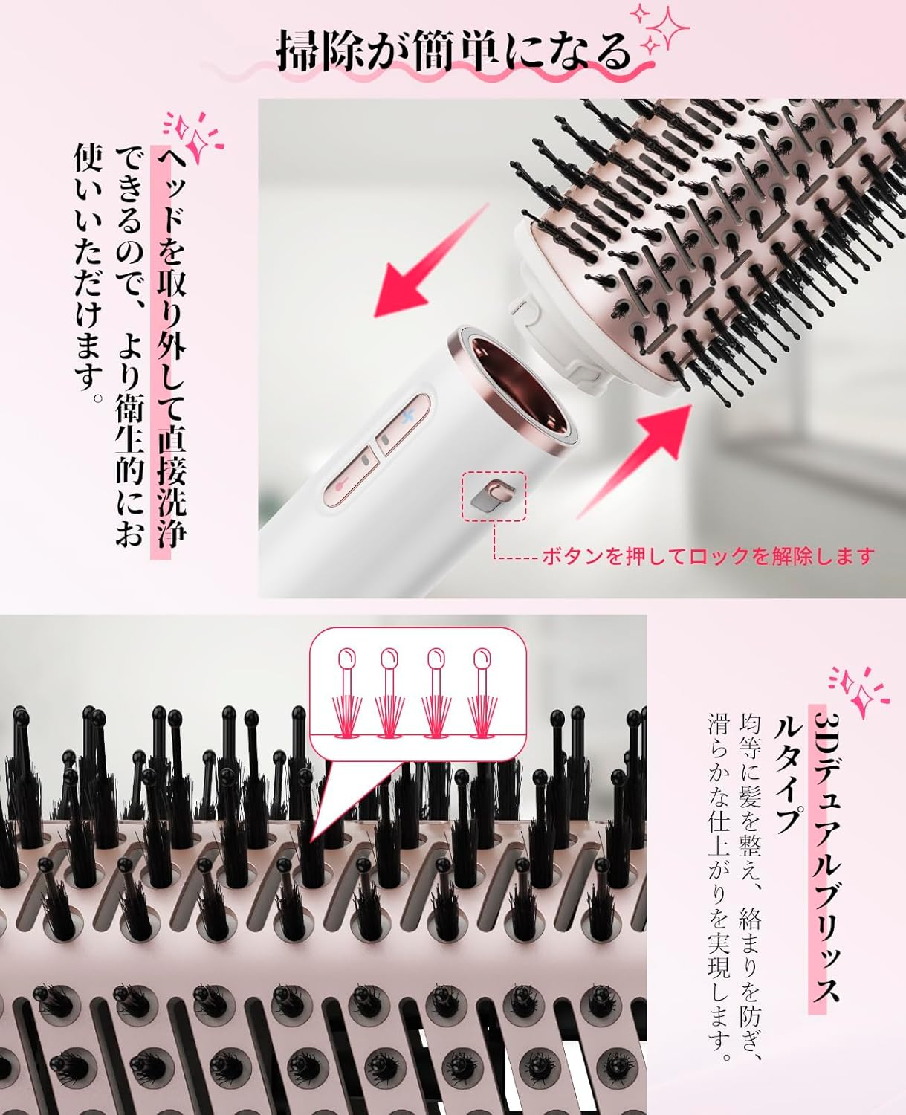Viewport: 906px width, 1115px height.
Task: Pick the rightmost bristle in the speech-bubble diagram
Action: [x=482, y=691]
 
